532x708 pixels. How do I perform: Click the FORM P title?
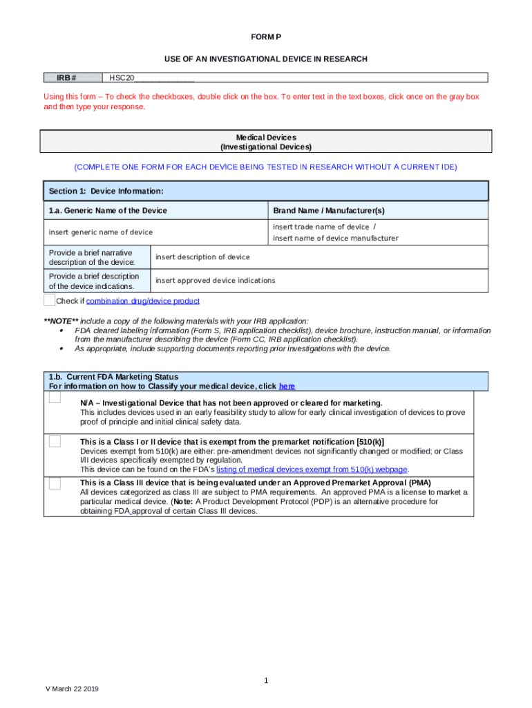pos(265,37)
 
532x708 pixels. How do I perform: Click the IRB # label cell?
pos(71,77)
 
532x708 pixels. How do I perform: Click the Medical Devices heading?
pos(265,138)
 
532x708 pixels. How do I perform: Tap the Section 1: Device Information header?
pos(106,191)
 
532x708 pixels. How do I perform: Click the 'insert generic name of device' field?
pos(100,232)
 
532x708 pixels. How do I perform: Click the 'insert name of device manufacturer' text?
pos(336,239)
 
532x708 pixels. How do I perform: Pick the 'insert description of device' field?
pos(202,257)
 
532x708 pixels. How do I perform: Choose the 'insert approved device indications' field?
pos(215,281)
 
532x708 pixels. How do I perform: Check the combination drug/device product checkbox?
pos(49,300)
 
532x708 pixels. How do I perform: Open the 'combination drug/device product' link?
pos(143,301)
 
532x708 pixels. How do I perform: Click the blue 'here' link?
pos(287,386)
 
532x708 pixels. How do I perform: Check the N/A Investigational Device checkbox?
pos(55,399)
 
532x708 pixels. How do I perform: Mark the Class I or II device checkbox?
pos(55,441)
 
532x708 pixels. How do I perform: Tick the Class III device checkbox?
pos(55,483)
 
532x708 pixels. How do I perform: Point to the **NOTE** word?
pos(61,322)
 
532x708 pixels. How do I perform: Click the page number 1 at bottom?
pos(265,681)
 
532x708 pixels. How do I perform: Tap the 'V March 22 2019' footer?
pos(72,689)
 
